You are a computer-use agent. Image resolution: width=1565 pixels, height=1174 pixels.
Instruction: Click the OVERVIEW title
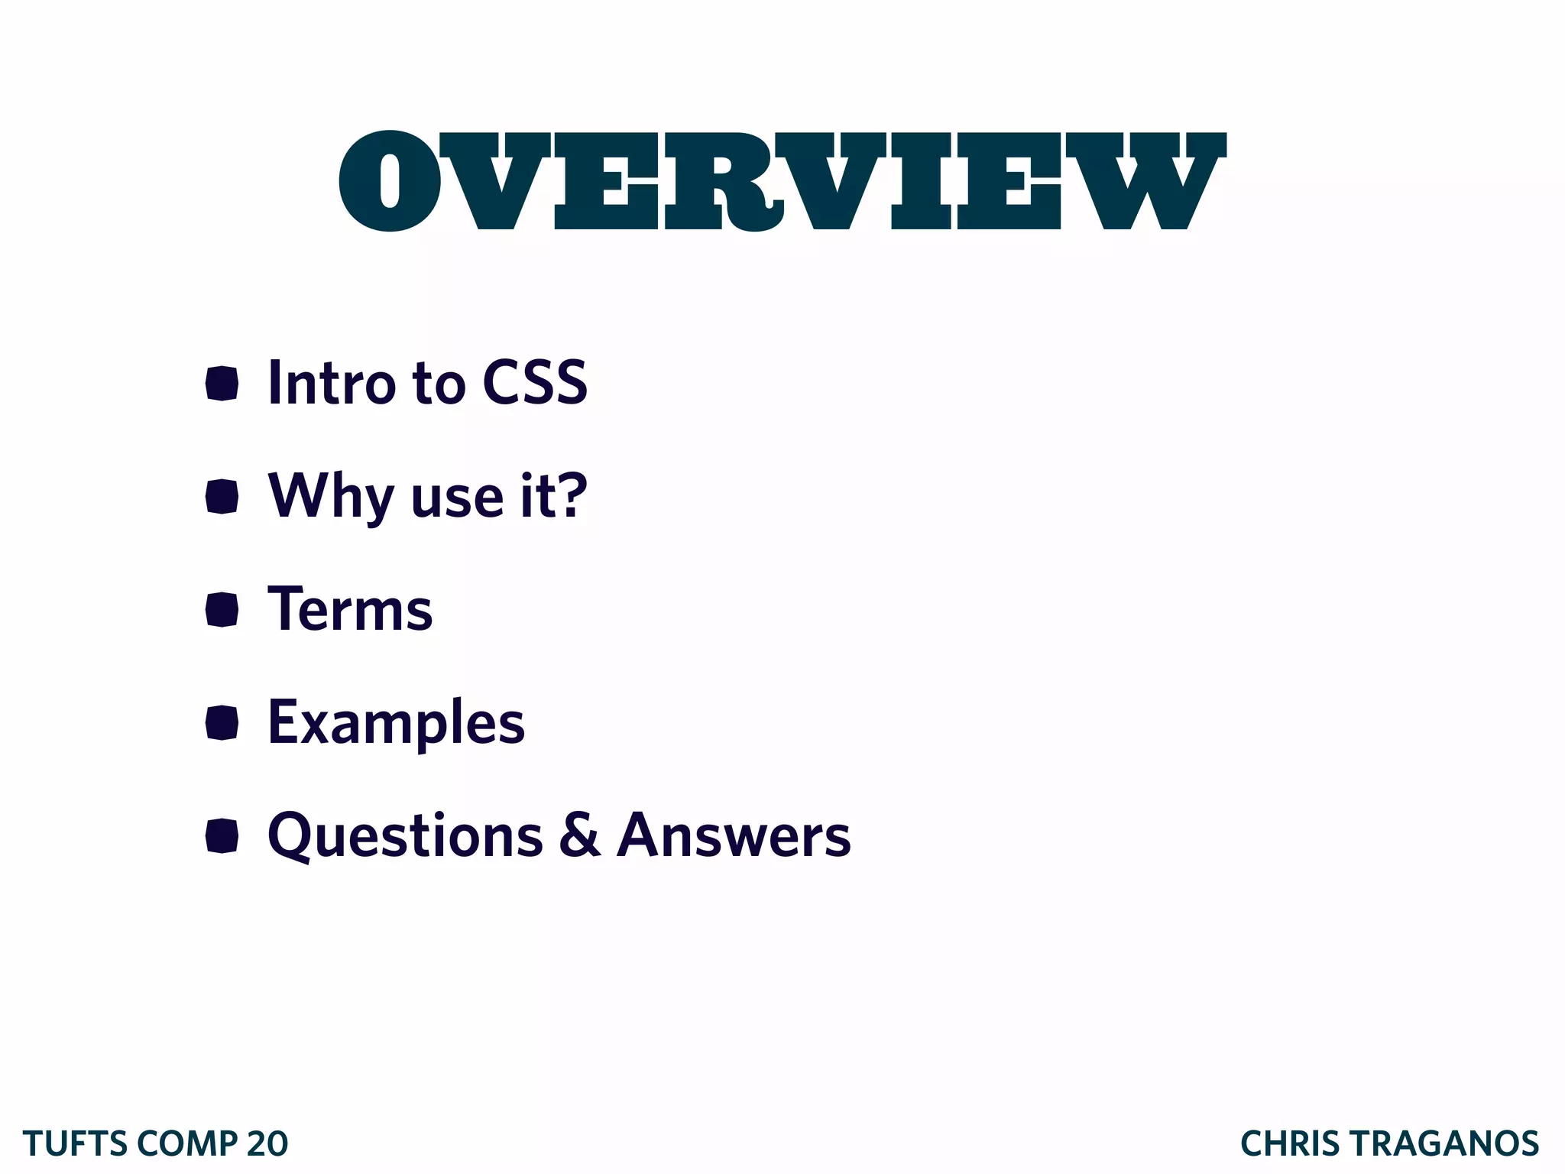(x=782, y=181)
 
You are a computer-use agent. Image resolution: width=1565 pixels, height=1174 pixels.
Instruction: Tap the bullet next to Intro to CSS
(x=222, y=383)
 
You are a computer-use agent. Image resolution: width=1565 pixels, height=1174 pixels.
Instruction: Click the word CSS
(x=534, y=382)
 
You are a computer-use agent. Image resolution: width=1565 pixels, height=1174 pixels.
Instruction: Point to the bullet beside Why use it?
(x=222, y=497)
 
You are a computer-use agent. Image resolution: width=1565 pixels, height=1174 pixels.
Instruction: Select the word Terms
(x=350, y=609)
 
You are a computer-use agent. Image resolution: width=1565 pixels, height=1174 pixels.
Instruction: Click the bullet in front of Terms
(x=222, y=609)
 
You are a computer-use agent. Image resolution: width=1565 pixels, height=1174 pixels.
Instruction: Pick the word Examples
(x=396, y=722)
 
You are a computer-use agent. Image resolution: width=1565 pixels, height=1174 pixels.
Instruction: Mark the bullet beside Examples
(x=222, y=722)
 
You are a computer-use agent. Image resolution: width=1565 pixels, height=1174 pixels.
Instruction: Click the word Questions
(x=405, y=835)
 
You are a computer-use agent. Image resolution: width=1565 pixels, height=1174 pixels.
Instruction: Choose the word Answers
(x=734, y=835)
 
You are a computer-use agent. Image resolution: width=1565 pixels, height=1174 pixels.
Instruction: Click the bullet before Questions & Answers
(x=222, y=835)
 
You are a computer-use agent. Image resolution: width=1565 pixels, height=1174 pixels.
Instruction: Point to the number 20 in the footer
(x=267, y=1144)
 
